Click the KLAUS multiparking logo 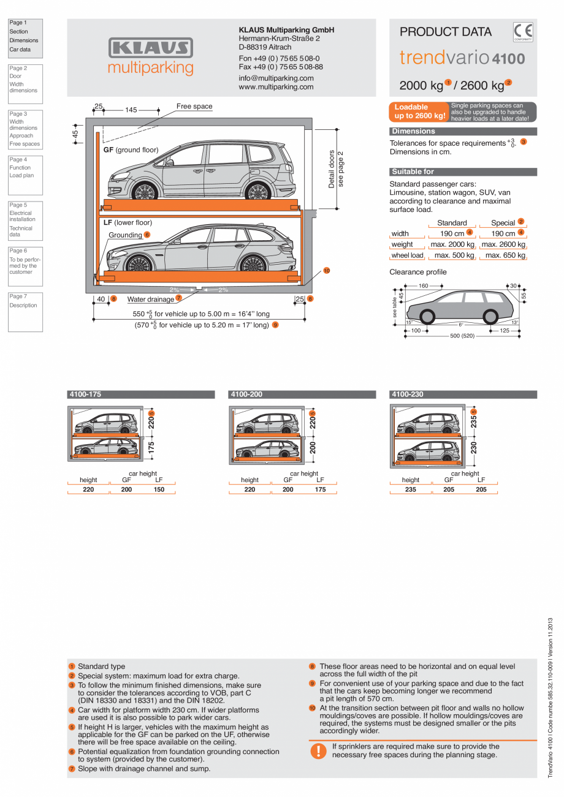point(151,56)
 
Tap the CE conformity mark point(523,31)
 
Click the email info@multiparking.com point(276,78)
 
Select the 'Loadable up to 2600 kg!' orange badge point(419,111)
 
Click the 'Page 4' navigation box point(25,175)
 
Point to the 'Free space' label point(194,107)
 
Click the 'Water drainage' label point(150,299)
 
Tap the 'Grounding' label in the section point(125,235)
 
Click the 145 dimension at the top point(131,110)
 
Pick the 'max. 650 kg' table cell point(505,255)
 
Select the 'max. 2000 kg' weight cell point(452,244)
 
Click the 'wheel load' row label point(407,255)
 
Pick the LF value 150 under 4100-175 point(159,489)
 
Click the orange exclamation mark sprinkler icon point(318,750)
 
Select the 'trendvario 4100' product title point(462,58)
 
